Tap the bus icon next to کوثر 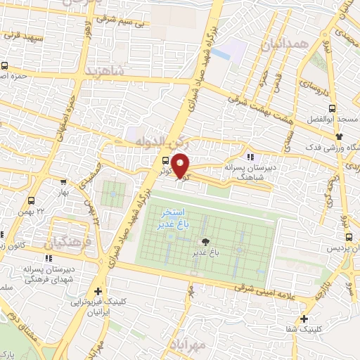click(165, 160)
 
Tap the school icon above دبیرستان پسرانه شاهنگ click(251, 156)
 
